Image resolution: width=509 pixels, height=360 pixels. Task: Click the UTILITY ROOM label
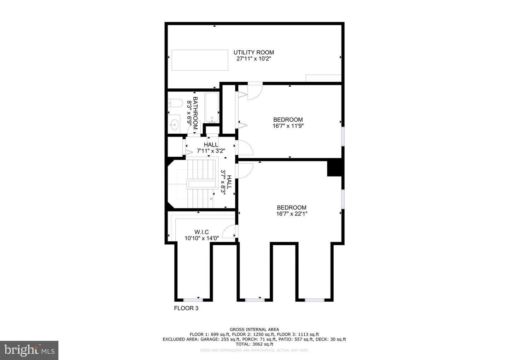[x=253, y=52]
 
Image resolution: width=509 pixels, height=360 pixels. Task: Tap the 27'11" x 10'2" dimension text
[x=253, y=59]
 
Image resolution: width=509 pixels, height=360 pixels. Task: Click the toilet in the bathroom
[x=175, y=103]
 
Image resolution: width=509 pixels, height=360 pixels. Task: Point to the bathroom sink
[x=174, y=124]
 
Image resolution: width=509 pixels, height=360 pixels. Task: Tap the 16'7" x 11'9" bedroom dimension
[x=288, y=126]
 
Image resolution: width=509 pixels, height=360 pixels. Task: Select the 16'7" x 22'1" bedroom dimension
[x=292, y=214]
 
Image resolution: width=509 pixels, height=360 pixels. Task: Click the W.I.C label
[x=201, y=232]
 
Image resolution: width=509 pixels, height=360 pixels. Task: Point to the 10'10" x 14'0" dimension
[x=201, y=238]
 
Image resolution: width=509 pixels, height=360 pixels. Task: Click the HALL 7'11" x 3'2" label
[x=211, y=147]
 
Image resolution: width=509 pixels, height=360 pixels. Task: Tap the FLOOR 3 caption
[x=186, y=308]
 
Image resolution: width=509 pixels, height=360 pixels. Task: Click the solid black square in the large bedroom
[x=334, y=167]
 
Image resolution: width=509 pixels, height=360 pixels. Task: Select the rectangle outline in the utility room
[x=200, y=60]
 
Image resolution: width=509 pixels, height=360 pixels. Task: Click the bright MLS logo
[x=29, y=350]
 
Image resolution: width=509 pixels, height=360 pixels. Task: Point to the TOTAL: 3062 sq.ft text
[x=254, y=344]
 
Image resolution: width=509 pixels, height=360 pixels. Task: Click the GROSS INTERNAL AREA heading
[x=254, y=330]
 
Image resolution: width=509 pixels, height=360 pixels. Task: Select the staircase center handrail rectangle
[x=201, y=184]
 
